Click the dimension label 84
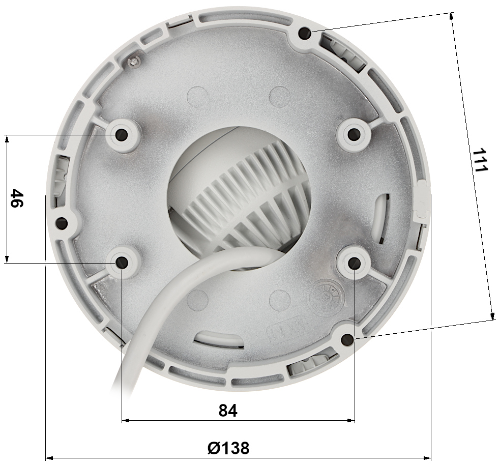pyautogui.click(x=228, y=411)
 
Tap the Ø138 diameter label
pyautogui.click(x=228, y=448)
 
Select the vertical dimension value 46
pyautogui.click(x=17, y=198)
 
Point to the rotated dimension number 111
pyautogui.click(x=480, y=160)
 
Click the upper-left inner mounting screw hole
pyautogui.click(x=122, y=134)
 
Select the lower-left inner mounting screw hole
pyautogui.click(x=122, y=263)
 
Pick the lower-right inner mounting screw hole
pyautogui.click(x=354, y=263)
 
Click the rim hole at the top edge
pyautogui.click(x=305, y=33)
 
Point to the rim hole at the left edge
pyautogui.click(x=62, y=223)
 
